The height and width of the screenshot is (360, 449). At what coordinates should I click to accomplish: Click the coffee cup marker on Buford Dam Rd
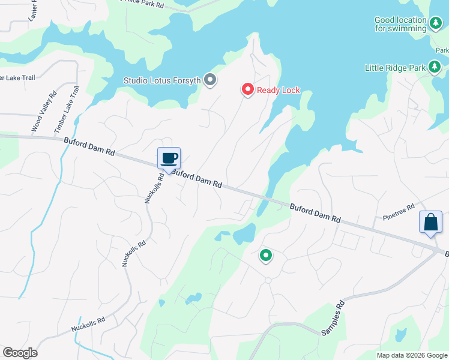point(169,158)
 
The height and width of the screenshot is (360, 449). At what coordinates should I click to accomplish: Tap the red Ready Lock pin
point(247,90)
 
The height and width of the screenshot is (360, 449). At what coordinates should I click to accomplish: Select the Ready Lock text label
point(278,91)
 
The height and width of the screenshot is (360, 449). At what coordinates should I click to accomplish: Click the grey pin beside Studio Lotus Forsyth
point(210,79)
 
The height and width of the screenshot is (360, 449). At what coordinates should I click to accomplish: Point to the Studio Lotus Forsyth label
point(161,80)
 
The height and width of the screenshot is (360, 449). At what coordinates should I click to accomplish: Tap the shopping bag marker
point(430,223)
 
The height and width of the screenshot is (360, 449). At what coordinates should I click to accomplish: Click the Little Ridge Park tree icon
point(436,68)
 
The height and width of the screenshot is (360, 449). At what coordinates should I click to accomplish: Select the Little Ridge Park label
point(394,68)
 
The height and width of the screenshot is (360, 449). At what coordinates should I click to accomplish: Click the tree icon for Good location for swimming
point(436,23)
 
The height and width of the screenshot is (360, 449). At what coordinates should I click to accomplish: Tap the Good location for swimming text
point(400,24)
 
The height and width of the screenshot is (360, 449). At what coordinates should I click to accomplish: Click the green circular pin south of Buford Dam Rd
point(265,256)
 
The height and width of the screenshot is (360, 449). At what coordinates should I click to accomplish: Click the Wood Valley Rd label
point(43,112)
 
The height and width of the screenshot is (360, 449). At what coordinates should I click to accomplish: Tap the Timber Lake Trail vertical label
point(67,109)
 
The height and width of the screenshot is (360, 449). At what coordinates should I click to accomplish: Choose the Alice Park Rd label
point(142,4)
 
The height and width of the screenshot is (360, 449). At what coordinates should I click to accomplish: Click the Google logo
point(20,353)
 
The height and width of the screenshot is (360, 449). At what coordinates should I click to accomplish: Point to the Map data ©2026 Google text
point(412,355)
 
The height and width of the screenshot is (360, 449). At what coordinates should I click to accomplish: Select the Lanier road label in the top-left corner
point(34,9)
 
